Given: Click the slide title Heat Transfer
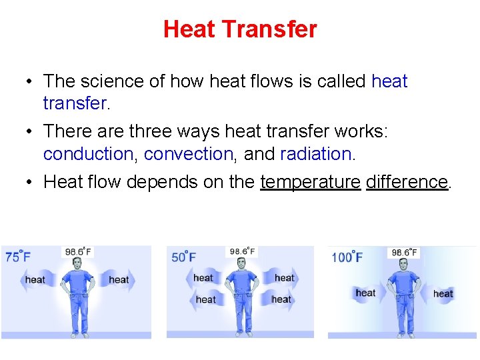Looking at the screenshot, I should point(240,29).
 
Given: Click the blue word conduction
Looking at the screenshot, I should point(88,154).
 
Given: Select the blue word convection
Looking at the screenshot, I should point(188,154).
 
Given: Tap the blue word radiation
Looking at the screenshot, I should point(315,154).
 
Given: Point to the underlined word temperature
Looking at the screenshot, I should point(310,182).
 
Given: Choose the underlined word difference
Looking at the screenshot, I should point(407,182).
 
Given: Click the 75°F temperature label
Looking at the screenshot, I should point(18,256).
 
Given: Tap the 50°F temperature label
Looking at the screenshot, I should point(184,256).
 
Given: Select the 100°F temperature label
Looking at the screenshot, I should point(347,257).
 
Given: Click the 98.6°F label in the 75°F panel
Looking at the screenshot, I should point(78,251).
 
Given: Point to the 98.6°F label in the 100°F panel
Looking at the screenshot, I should point(404,252).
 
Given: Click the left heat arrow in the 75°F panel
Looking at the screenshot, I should point(35,279).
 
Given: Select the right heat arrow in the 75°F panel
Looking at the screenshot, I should point(119,279).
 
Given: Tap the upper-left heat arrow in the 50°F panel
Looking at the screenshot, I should point(203,277).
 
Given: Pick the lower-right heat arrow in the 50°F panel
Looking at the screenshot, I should point(281,299).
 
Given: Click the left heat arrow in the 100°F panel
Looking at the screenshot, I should point(365,293).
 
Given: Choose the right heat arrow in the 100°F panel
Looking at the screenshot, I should point(443,293).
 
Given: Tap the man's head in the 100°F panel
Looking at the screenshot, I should point(404,265).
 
